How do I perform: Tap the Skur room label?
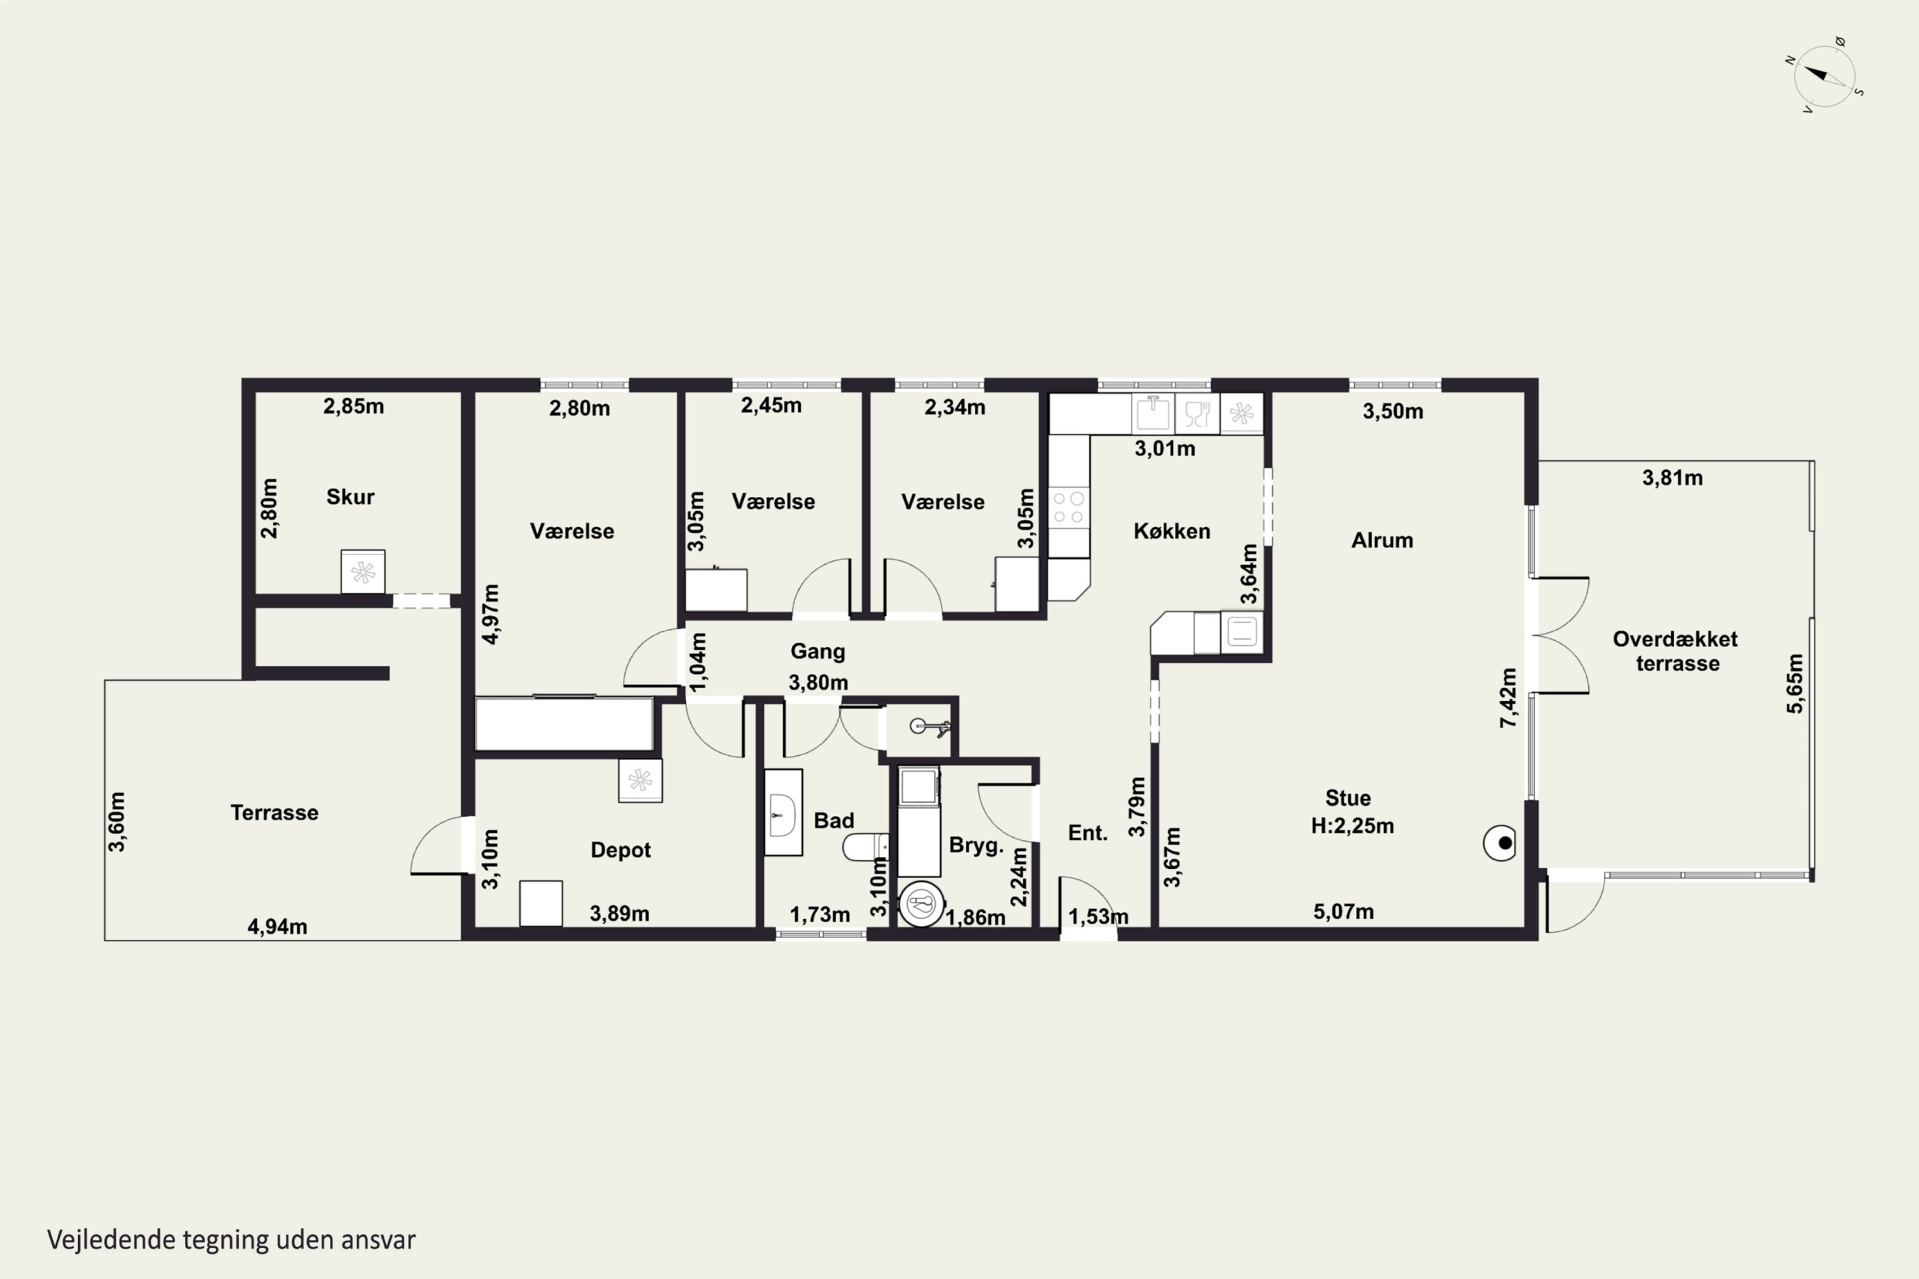(x=350, y=497)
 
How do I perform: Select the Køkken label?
(x=1172, y=531)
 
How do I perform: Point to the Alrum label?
(x=1382, y=540)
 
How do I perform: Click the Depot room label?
(x=620, y=850)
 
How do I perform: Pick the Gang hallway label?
(x=817, y=652)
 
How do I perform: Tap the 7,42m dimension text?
(x=1508, y=698)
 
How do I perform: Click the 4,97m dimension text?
(x=491, y=614)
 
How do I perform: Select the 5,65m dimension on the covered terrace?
(x=1796, y=684)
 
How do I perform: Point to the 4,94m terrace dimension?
(x=278, y=927)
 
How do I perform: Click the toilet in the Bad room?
(x=865, y=847)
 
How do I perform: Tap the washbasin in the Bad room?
(x=782, y=812)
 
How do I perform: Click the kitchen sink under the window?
(x=1153, y=414)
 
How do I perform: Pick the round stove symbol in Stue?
(x=1499, y=844)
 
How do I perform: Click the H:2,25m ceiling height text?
(x=1352, y=826)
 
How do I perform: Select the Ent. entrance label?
(x=1087, y=833)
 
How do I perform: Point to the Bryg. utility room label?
(x=976, y=846)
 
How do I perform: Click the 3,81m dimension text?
(x=1673, y=478)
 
